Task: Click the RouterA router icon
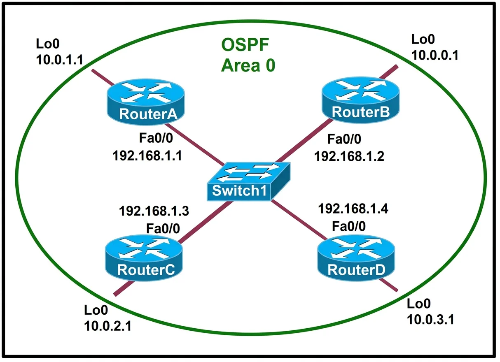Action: tap(146, 102)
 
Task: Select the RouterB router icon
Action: tap(361, 100)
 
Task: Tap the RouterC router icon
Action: tap(144, 258)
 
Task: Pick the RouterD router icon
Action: tap(356, 258)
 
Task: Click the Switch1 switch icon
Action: tap(249, 181)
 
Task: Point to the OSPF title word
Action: tap(245, 45)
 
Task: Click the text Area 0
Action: tap(248, 65)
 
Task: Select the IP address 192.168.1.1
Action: tap(147, 155)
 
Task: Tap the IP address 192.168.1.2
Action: tap(349, 156)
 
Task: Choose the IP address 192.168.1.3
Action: tap(154, 211)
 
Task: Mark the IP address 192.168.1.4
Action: tap(353, 209)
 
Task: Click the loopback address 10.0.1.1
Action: tap(60, 60)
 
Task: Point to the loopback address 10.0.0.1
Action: tap(435, 55)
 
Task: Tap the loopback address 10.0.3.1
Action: tap(430, 320)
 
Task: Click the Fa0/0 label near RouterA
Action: tap(156, 138)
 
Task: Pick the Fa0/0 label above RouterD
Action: tap(349, 226)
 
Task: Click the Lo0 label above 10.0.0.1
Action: tap(423, 39)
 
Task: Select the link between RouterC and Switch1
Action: tap(206, 222)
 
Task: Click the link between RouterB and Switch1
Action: tap(304, 141)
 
